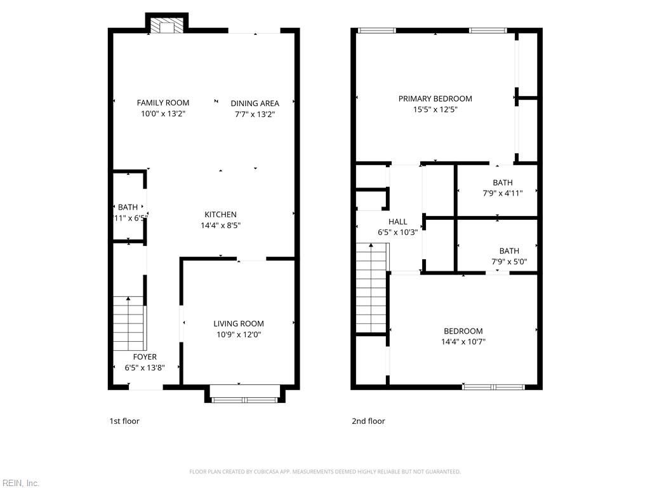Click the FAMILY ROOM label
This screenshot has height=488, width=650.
point(163,103)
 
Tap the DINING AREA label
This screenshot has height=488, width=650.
point(255,104)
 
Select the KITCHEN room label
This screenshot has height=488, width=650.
point(220,215)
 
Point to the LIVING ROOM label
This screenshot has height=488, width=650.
point(239,323)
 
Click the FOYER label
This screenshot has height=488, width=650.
point(145,357)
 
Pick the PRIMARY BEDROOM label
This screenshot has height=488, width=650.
point(435,98)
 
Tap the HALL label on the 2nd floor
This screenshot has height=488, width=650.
point(398,222)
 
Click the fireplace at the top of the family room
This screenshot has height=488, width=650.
point(167,26)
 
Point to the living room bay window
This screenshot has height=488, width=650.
point(244,399)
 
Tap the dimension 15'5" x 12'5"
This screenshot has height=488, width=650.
point(435,109)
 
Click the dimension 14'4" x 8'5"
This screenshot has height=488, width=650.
point(220,225)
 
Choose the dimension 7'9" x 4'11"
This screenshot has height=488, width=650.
point(503,193)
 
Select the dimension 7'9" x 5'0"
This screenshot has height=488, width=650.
point(509,261)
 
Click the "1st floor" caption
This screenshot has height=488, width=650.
point(124,421)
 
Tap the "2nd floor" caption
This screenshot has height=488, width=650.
point(368,421)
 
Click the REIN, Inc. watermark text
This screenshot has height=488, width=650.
point(20,483)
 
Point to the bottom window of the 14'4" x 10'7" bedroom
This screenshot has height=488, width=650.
point(493,386)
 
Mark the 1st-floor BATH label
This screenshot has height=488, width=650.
point(128,207)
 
